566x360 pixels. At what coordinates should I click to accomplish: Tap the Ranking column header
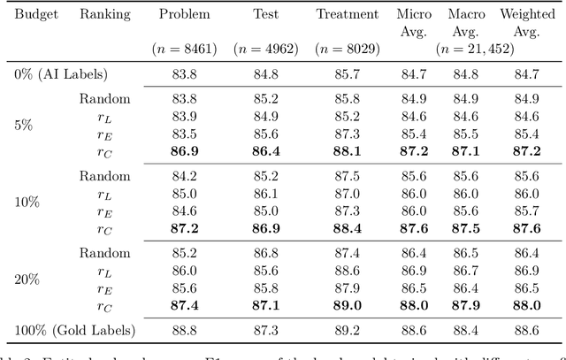point(104,14)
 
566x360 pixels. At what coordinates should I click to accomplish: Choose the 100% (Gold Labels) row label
point(75,330)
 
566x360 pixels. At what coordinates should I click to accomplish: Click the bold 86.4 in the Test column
point(266,149)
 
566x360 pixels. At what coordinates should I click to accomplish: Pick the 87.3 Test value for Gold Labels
point(266,330)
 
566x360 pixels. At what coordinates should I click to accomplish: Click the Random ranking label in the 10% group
point(104,176)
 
